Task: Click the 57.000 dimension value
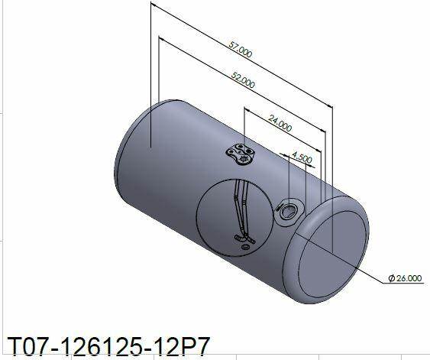pyautogui.click(x=241, y=50)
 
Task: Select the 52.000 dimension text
pyautogui.click(x=243, y=79)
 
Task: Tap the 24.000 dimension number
pyautogui.click(x=280, y=123)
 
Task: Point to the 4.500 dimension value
pyautogui.click(x=302, y=157)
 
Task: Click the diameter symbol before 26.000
pyautogui.click(x=392, y=278)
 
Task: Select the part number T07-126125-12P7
pyautogui.click(x=108, y=346)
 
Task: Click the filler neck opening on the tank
pyautogui.click(x=288, y=211)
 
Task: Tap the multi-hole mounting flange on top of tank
pyautogui.click(x=241, y=154)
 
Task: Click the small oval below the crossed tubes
pyautogui.click(x=245, y=247)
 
